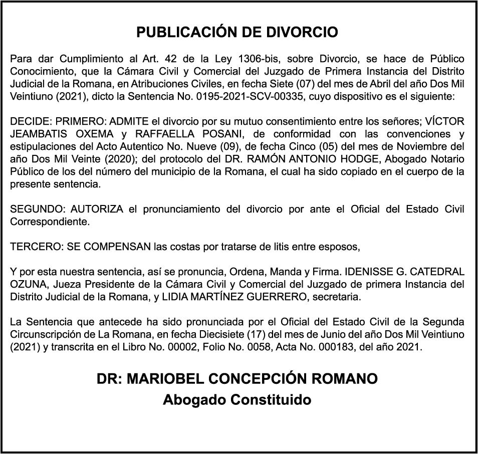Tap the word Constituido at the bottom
[271, 400]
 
